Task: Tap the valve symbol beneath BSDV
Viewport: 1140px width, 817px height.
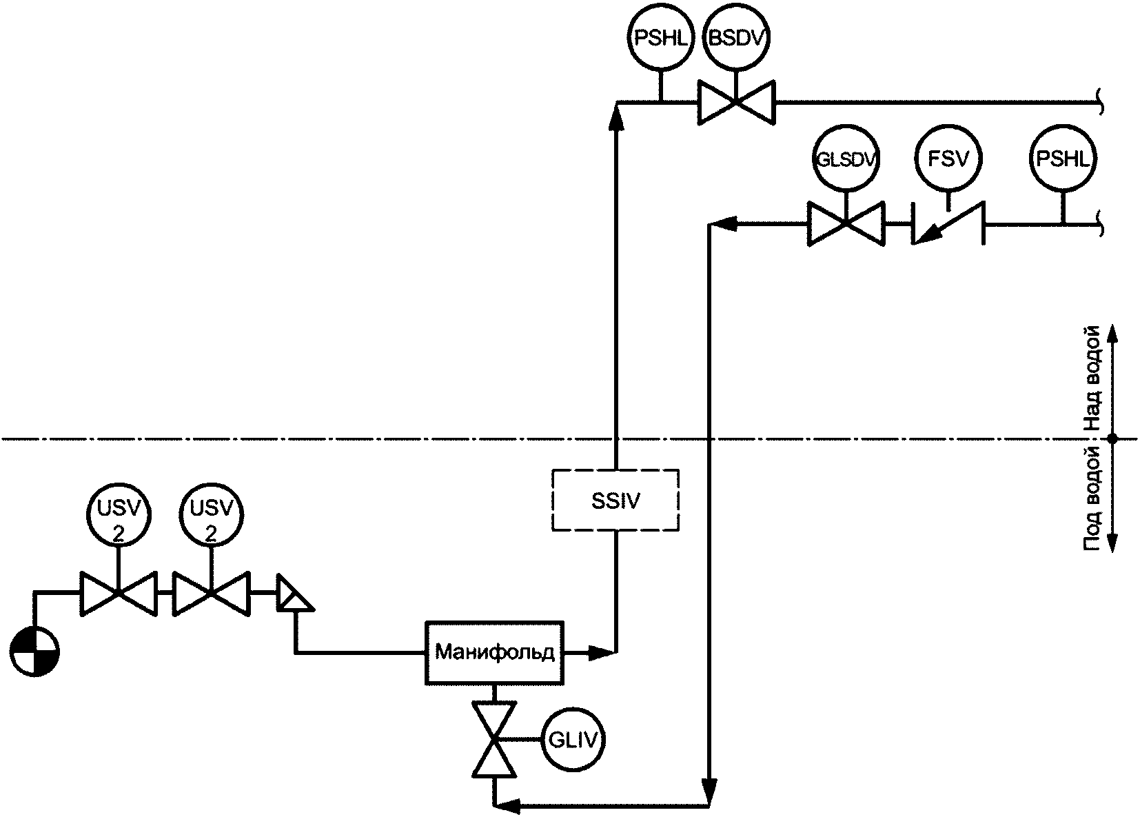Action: click(736, 102)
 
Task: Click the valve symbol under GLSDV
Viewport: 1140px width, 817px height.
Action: click(846, 224)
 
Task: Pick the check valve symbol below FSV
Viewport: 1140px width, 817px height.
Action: click(948, 224)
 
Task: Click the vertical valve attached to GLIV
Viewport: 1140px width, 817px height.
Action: click(494, 739)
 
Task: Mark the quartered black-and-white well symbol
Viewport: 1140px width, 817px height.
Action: click(34, 652)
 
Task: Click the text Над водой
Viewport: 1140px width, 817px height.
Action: click(1094, 380)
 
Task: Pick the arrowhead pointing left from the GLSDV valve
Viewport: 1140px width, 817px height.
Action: click(723, 224)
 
